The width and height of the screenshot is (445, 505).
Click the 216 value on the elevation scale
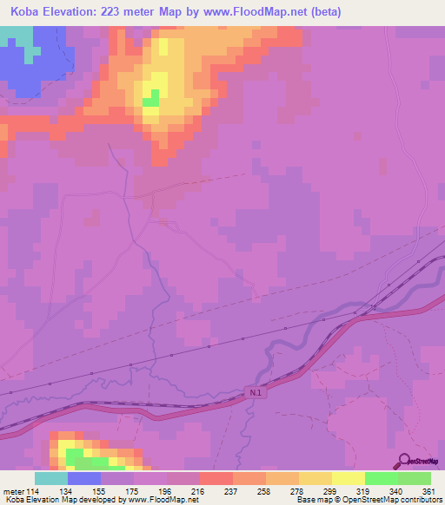pyautogui.click(x=198, y=490)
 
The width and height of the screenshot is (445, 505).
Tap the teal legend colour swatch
pyautogui.click(x=51, y=478)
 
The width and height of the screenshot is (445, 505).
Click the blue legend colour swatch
pyautogui.click(x=84, y=478)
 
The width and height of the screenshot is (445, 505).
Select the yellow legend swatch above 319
pyautogui.click(x=348, y=478)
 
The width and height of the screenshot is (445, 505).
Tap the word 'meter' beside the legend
pyautogui.click(x=13, y=490)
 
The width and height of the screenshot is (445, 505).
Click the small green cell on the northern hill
pyautogui.click(x=155, y=97)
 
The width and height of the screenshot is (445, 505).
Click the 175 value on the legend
pyautogui.click(x=132, y=490)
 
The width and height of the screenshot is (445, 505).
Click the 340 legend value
pyautogui.click(x=396, y=490)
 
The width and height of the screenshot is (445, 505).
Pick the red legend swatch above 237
pyautogui.click(x=216, y=478)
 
